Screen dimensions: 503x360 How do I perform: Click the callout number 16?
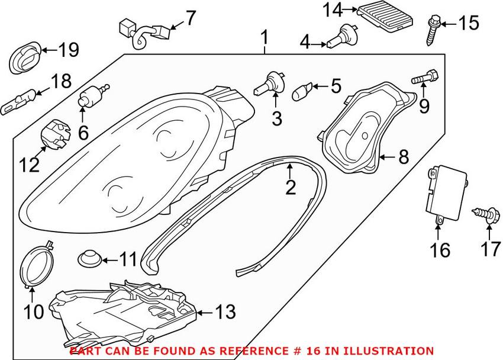[440, 250]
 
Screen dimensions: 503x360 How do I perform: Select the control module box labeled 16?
[446, 194]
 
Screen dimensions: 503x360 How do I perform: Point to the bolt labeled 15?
[433, 30]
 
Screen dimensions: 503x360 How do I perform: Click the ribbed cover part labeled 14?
[385, 19]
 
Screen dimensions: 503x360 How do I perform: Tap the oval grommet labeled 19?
[24, 58]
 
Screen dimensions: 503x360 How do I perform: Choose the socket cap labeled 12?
[56, 135]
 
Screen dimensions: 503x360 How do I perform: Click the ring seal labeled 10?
[37, 263]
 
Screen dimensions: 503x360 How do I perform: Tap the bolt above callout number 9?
[425, 78]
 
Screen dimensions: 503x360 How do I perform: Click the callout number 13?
[225, 311]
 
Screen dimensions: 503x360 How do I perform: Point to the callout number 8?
[403, 157]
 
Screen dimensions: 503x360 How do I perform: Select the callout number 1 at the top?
[265, 38]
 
